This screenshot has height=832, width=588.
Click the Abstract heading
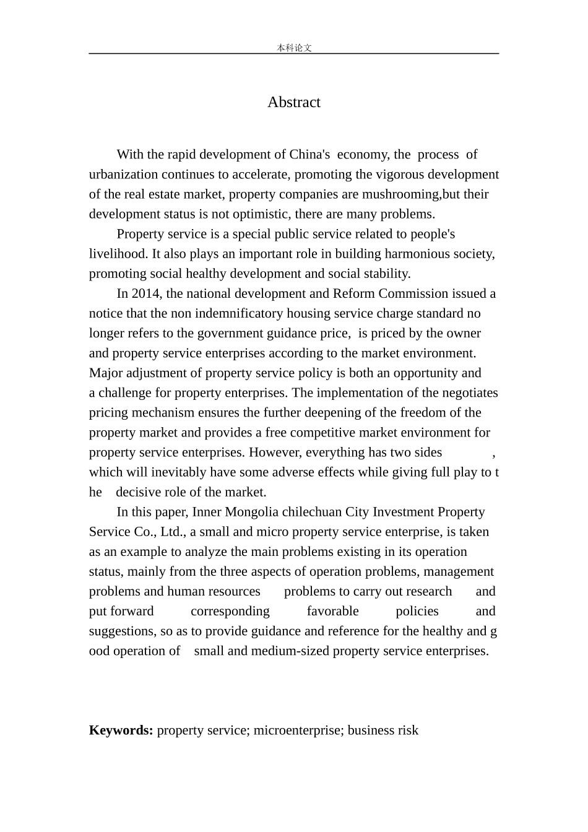pos(293,102)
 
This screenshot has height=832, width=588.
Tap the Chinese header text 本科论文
pos(294,48)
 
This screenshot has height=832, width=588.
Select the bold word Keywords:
pos(121,730)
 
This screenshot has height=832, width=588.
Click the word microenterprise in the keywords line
pos(296,730)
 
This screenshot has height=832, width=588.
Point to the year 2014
pos(145,293)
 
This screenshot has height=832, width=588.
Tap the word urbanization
pos(124,175)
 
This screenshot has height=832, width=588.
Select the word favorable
pos(332,611)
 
